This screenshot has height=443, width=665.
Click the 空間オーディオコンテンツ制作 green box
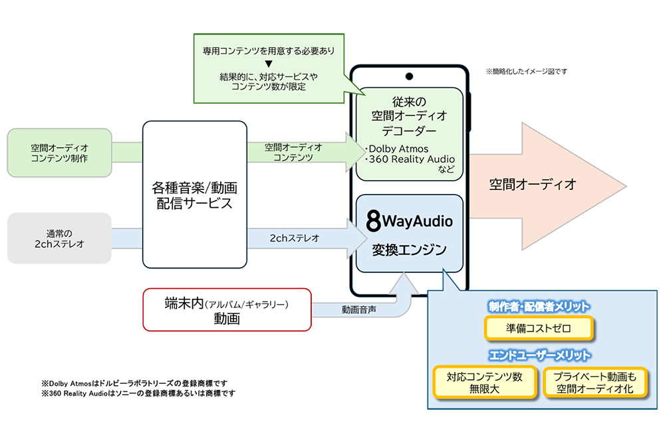coord(59,153)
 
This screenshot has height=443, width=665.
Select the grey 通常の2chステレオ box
coord(59,238)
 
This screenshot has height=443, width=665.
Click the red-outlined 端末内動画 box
coord(227,309)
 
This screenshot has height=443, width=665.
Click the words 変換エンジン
coord(409,250)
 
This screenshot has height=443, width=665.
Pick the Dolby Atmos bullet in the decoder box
coord(398,149)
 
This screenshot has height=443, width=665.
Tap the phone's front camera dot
coord(408,75)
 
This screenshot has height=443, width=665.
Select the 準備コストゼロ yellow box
coord(538,328)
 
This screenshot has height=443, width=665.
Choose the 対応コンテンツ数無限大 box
coord(484,382)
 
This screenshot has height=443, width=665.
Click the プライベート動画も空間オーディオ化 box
coord(594,382)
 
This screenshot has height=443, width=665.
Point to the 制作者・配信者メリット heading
coord(539,306)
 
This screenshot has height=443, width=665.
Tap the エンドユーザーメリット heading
coord(539,355)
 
